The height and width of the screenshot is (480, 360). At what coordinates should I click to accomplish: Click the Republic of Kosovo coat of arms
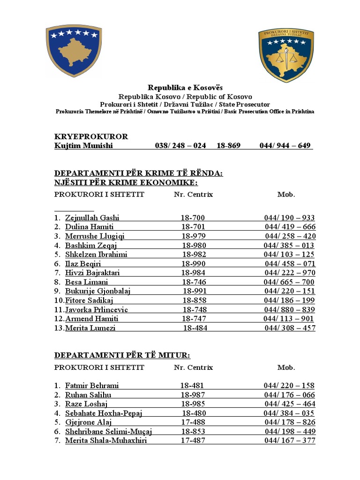(74, 51)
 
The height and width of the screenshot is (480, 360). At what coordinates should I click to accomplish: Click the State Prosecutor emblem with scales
(286, 55)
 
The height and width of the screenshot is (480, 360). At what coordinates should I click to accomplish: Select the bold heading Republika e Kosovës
(185, 88)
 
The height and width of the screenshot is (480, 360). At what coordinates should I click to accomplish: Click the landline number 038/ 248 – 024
(180, 146)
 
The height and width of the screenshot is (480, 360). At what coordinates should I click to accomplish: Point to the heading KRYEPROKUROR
(91, 136)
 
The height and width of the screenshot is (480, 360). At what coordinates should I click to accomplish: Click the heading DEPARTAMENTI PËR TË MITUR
(122, 355)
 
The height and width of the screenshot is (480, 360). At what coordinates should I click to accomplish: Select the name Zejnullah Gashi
(92, 218)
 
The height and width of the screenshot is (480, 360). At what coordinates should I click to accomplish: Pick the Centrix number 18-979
(193, 236)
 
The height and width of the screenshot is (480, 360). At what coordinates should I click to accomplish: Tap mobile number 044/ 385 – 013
(289, 246)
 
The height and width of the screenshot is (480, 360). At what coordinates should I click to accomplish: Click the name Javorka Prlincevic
(96, 310)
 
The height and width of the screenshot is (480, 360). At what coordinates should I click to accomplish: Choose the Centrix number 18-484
(195, 328)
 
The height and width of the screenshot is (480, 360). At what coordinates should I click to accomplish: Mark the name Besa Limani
(86, 282)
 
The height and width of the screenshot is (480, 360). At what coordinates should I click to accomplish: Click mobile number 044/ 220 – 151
(289, 291)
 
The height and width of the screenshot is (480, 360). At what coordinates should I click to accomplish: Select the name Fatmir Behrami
(92, 386)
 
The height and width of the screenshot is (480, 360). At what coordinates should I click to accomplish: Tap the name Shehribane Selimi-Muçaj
(108, 432)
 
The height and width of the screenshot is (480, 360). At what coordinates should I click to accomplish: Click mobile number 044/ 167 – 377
(290, 441)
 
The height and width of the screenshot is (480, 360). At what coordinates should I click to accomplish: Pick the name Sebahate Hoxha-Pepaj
(104, 413)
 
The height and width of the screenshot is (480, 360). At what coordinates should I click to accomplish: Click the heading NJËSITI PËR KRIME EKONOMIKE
(126, 182)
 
